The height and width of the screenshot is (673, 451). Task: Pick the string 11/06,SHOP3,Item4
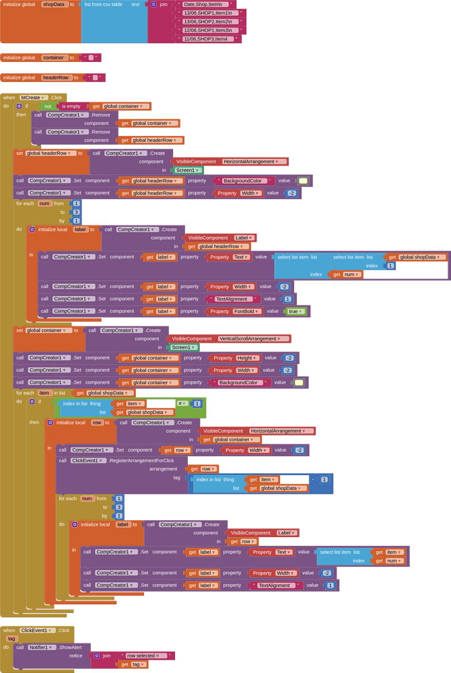[x=207, y=39]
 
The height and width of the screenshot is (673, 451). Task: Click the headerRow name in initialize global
[x=56, y=77]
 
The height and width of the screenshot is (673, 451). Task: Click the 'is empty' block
[x=73, y=106]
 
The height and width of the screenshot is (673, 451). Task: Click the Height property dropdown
[x=233, y=358]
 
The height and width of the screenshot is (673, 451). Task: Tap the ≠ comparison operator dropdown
[x=182, y=403]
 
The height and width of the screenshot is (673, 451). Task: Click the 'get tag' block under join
[x=133, y=664]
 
